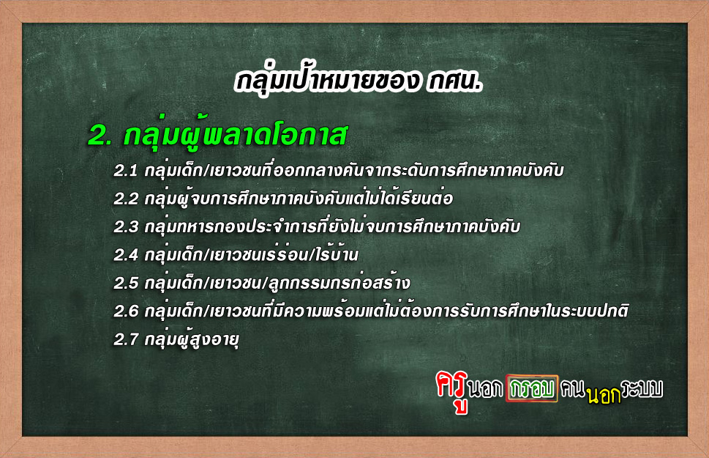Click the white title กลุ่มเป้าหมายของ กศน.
click(359, 82)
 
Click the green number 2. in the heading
click(100, 135)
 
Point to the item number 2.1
click(125, 171)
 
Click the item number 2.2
click(126, 199)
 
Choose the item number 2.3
click(126, 227)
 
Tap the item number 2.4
click(126, 255)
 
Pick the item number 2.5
click(126, 283)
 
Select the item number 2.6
click(126, 311)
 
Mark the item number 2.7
click(126, 339)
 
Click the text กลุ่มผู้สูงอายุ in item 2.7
click(192, 339)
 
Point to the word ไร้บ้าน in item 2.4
click(337, 254)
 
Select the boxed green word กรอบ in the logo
click(532, 388)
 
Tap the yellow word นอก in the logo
click(604, 395)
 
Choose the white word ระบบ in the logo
click(642, 388)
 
